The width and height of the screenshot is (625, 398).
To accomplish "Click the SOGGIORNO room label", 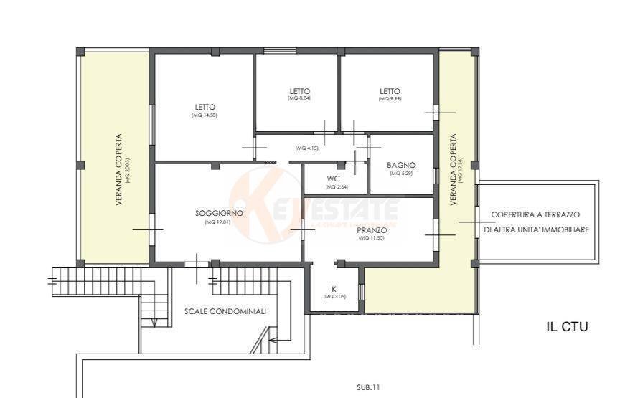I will click(x=219, y=214).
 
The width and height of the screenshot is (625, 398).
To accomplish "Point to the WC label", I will click(x=333, y=179).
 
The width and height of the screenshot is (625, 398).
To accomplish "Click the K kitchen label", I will click(x=334, y=289).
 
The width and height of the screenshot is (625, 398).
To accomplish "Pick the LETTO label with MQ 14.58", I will click(x=205, y=107).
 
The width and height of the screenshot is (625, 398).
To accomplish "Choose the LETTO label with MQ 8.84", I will click(x=300, y=91).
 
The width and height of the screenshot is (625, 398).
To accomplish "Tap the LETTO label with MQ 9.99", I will click(x=390, y=91).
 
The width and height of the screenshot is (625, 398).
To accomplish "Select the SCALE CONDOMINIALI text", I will click(x=225, y=312).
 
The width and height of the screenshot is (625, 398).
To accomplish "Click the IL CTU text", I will click(x=567, y=327).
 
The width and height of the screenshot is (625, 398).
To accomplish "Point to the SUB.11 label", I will click(x=367, y=387).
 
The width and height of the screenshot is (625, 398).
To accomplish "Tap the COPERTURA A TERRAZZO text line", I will click(x=535, y=214).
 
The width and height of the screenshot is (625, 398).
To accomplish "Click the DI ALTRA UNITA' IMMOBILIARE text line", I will click(x=536, y=230).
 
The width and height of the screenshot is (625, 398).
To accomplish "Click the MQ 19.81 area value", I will click(x=219, y=222).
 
